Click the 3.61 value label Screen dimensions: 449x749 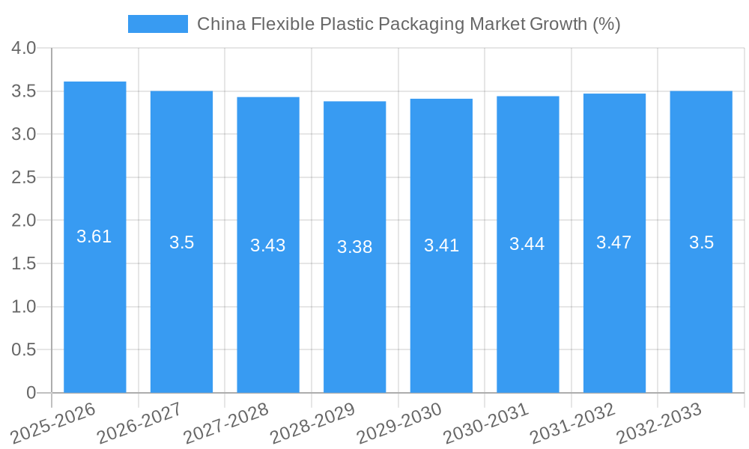point(94,236)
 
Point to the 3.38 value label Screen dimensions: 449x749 point(354,247)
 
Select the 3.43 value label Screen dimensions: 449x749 point(268,245)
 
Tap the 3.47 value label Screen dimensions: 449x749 point(614,242)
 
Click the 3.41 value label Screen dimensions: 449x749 point(441,245)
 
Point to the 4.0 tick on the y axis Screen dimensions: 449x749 point(24,48)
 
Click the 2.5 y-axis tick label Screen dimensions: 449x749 point(24,177)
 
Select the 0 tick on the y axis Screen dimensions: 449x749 point(31,393)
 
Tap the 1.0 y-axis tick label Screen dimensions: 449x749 point(24,307)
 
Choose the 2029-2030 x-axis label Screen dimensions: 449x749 point(400,422)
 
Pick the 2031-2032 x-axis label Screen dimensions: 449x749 point(573,422)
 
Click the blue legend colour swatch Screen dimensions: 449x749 point(158,24)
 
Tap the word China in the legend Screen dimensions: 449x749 point(221,24)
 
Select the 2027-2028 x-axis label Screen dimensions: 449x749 point(227,422)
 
